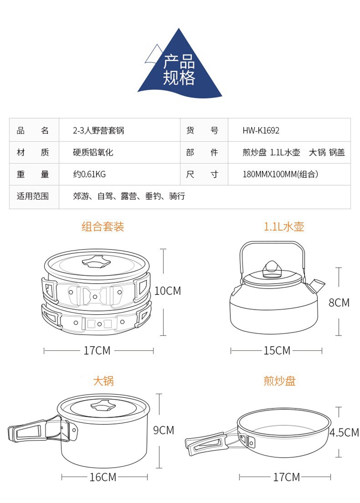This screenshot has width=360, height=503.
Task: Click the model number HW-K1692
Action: pos(261,131)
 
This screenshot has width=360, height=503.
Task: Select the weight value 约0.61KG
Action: pos(89,174)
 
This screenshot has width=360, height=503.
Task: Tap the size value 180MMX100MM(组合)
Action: pos(280,174)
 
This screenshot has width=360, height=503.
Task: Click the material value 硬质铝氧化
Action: pos(93,153)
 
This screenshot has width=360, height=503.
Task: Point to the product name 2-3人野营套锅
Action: pos(98,131)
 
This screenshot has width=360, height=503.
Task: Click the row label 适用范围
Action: pos(33,196)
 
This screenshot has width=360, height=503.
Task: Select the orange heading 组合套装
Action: pos(103,227)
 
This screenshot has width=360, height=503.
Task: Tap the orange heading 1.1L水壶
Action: pos(284,227)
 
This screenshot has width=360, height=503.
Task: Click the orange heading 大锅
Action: pos(103,381)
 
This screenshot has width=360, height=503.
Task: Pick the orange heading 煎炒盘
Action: pos(280,381)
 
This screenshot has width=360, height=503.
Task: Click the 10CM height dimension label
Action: pos(168,291)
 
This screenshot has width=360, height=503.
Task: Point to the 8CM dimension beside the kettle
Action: pos(339,303)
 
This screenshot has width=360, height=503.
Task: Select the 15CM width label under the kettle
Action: pos(277,351)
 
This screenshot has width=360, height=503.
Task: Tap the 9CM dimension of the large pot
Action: pos(164,430)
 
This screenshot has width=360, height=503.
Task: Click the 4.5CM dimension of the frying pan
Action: pos(344,433)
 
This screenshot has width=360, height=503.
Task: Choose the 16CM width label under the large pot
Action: pos(103,477)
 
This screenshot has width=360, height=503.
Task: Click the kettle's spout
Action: pos(317,286)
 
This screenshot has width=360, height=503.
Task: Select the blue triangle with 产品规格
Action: pos(180,67)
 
